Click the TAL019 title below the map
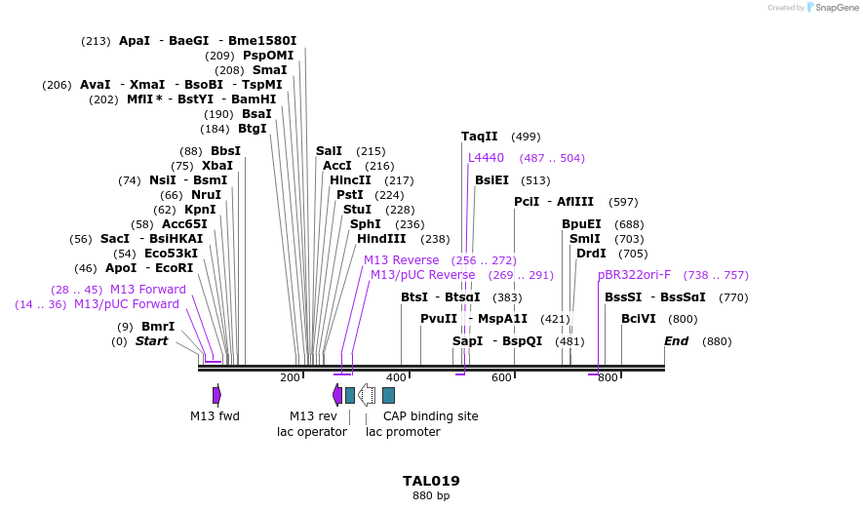point(431,481)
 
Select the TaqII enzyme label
point(480,137)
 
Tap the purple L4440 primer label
point(486,158)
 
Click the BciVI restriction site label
point(639,319)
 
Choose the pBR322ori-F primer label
point(635,275)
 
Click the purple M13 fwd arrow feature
point(216,395)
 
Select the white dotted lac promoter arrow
point(367,395)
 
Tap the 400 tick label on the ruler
point(396,378)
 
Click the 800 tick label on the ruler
point(608,378)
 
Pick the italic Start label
point(151,341)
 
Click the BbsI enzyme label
point(225,151)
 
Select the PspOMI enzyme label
point(268,56)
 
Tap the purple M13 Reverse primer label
point(402,260)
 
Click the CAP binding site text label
point(430,416)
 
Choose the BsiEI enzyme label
point(491,180)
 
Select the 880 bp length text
point(431,495)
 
